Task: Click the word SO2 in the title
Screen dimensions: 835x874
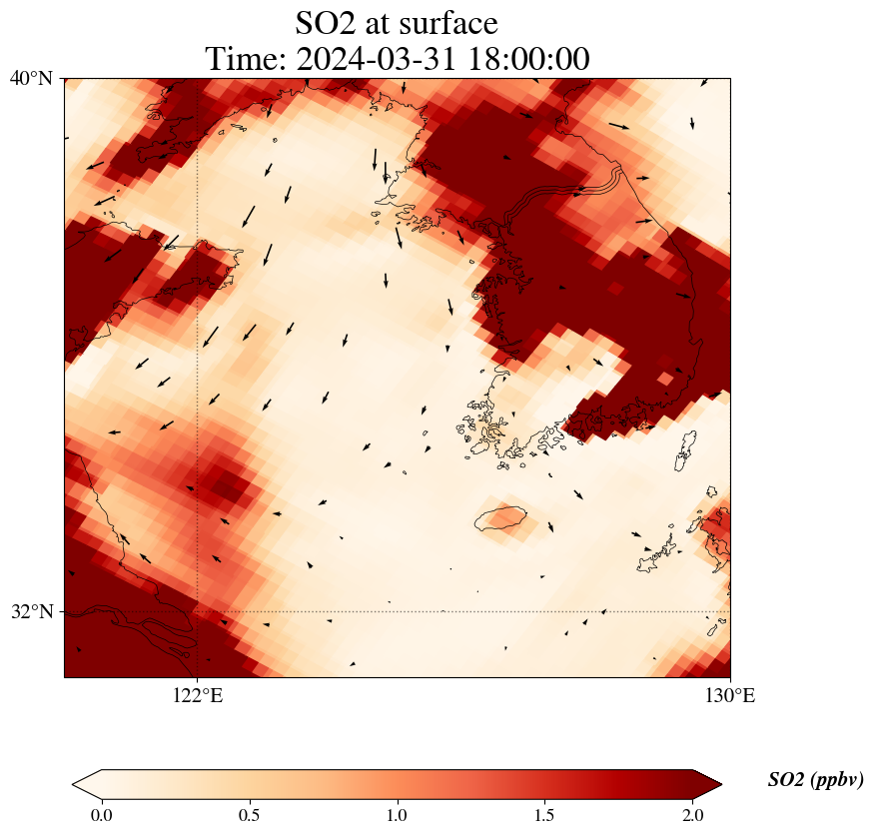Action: pos(327,22)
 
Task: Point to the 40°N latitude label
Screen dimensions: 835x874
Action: pos(32,78)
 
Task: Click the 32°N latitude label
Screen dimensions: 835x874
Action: pos(32,611)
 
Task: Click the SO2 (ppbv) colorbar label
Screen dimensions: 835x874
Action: pos(815,780)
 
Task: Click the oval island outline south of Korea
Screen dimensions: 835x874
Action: pos(500,518)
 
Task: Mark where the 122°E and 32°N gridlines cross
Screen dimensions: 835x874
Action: pos(198,611)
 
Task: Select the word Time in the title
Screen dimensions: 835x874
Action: pos(246,59)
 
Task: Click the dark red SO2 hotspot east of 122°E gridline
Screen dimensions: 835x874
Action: pos(222,485)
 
